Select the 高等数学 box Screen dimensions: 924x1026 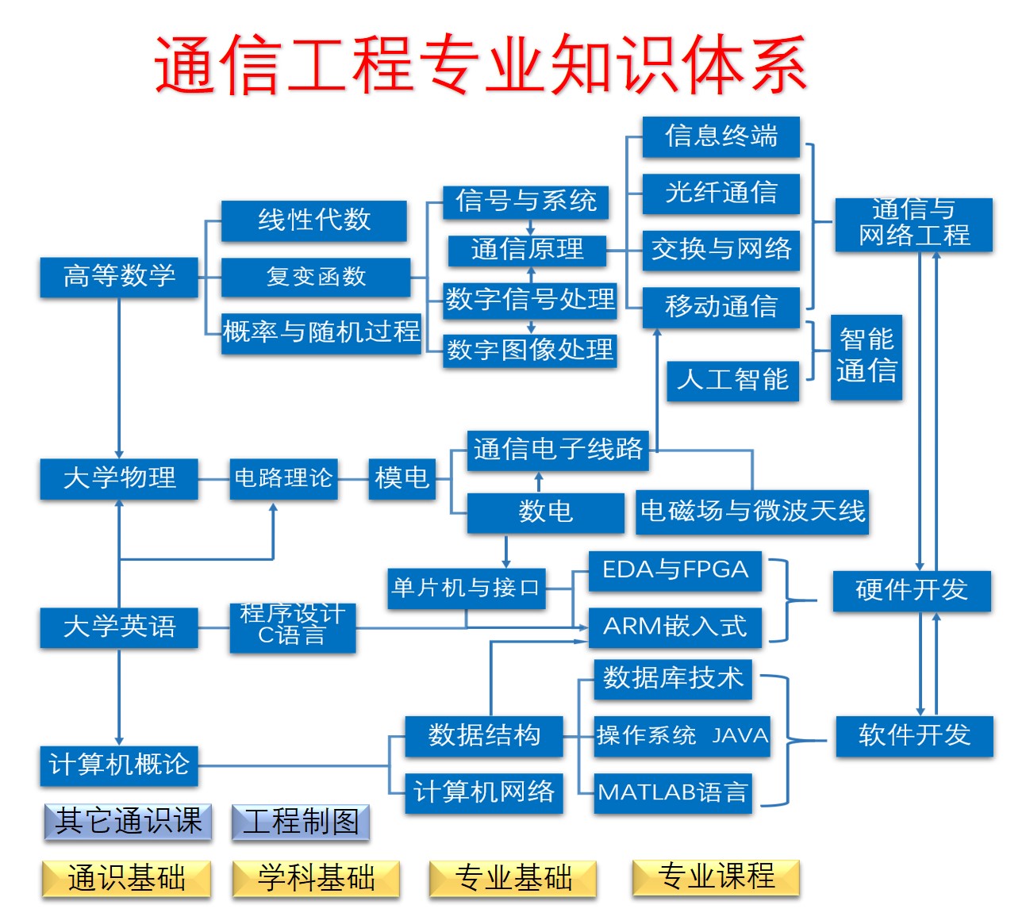pos(119,277)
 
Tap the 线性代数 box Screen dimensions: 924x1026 pos(313,220)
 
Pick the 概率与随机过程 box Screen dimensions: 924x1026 pos(321,332)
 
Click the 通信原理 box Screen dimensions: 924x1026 pos(527,250)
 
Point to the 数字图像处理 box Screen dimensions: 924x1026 pos(529,350)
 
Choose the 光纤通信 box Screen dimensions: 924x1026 pos(721,193)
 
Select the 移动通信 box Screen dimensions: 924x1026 pos(721,306)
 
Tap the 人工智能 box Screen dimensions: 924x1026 pos(732,380)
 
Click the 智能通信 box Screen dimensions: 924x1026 pos(866,356)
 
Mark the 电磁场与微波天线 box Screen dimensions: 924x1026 pos(752,512)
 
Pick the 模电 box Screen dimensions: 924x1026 pos(402,478)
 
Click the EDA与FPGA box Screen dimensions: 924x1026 pos(674,570)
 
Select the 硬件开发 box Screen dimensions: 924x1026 pos(911,590)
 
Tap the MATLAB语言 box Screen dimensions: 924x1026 pos(672,792)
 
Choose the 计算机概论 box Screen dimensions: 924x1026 pos(119,765)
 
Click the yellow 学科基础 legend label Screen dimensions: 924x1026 pos(316,879)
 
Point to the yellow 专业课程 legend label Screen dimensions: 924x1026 pos(716,877)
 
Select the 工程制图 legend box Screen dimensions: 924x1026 pos(301,822)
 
